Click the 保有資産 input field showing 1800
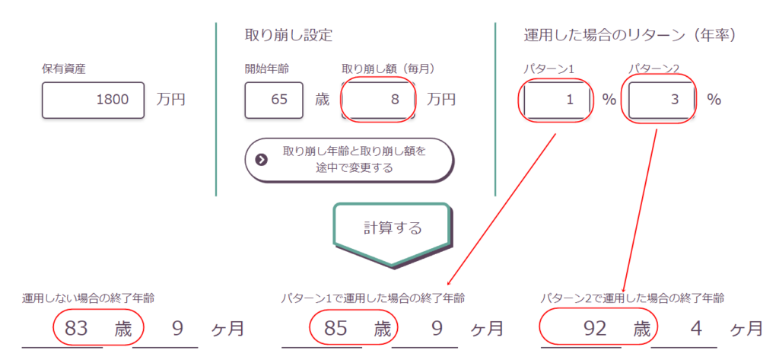coord(93,100)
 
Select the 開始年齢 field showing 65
coord(274,100)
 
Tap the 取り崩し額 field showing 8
coord(378,100)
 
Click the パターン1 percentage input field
coord(557,100)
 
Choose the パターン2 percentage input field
coord(661,100)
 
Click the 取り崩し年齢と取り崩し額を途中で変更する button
coord(349,160)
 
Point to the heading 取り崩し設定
coord(288,35)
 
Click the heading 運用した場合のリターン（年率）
coord(630,35)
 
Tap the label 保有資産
coord(64,69)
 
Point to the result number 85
coord(335,329)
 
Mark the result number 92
coord(594,329)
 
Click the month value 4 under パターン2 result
coord(697,329)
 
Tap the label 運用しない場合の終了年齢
coord(88,298)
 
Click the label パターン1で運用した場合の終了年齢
coord(373,298)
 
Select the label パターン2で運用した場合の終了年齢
coord(632,298)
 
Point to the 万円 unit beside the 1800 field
coord(170,100)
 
